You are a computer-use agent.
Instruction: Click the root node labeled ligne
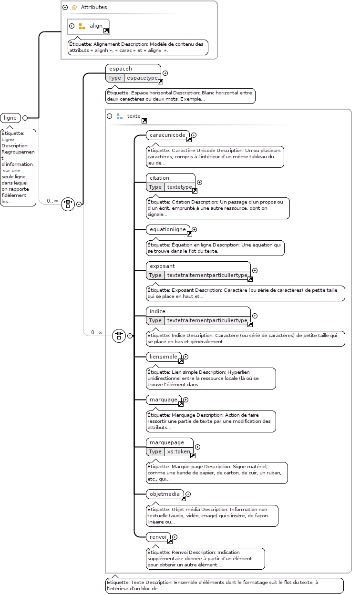click(10, 118)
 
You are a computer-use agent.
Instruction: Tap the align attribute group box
click(89, 26)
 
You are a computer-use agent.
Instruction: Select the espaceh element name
click(121, 69)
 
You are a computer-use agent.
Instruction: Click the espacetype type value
click(142, 78)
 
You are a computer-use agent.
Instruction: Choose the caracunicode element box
click(168, 135)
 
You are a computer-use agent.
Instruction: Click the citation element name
click(159, 178)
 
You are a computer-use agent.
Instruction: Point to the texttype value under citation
click(179, 187)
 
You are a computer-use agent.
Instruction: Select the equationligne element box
click(168, 229)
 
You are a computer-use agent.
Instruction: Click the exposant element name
click(162, 266)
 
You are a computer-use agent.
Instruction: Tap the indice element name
click(157, 311)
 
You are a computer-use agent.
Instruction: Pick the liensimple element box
click(164, 357)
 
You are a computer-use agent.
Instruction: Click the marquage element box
click(164, 400)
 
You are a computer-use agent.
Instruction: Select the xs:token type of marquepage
click(178, 451)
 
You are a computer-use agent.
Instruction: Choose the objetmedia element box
click(165, 494)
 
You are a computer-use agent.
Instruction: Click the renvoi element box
click(158, 537)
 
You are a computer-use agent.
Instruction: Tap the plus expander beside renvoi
click(175, 537)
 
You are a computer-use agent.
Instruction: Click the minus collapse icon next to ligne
click(25, 118)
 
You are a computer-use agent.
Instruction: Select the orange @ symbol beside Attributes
click(74, 8)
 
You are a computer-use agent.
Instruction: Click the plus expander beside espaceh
click(165, 73)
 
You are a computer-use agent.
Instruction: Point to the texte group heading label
click(134, 116)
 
